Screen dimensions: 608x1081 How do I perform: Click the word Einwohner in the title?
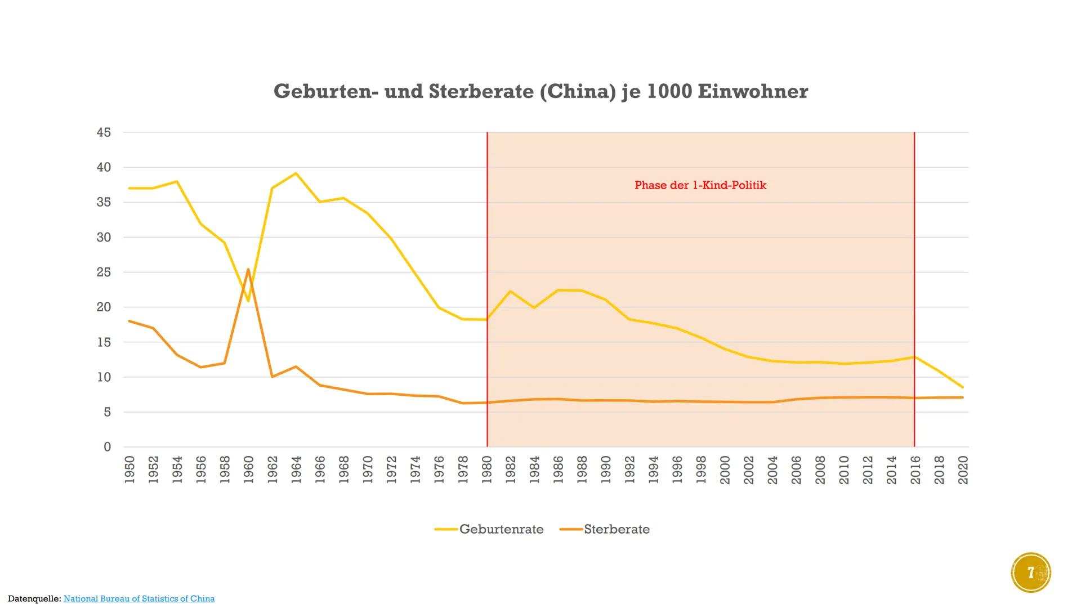753,91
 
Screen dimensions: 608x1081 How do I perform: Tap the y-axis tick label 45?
104,133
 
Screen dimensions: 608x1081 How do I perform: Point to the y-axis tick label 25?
104,272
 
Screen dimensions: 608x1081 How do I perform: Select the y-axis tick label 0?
108,447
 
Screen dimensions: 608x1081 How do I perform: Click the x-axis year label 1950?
129,470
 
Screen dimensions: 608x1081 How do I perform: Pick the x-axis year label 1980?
487,470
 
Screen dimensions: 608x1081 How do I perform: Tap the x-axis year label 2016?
915,470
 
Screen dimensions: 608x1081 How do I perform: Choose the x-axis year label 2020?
963,470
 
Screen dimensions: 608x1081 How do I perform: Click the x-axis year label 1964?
296,470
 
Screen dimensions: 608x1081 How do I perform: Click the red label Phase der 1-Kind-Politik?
700,185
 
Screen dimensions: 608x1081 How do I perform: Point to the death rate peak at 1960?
248,270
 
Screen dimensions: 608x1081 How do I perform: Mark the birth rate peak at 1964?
296,173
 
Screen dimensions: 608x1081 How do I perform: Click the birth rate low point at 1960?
248,301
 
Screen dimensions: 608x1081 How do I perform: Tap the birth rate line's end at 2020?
963,387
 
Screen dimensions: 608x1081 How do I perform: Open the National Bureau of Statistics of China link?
139,598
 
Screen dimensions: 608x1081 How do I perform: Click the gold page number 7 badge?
1031,573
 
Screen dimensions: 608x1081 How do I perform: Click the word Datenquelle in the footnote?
33,598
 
